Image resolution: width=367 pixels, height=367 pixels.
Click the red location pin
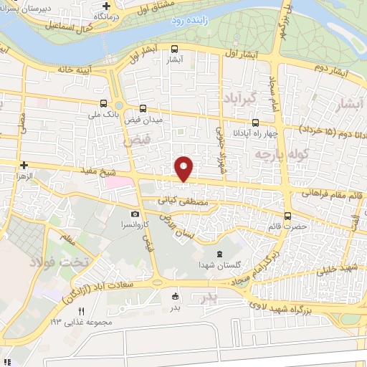184,168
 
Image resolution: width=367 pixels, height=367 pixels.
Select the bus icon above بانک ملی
105,103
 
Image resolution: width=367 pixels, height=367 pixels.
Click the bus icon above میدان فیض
143,109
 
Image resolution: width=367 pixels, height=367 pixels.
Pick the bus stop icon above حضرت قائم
288,216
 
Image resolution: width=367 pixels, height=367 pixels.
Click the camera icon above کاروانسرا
135,214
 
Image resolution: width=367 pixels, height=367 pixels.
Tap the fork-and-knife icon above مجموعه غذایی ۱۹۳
81,310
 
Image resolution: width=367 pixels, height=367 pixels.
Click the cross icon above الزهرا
24,164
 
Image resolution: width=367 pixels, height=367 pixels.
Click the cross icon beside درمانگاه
106,6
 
